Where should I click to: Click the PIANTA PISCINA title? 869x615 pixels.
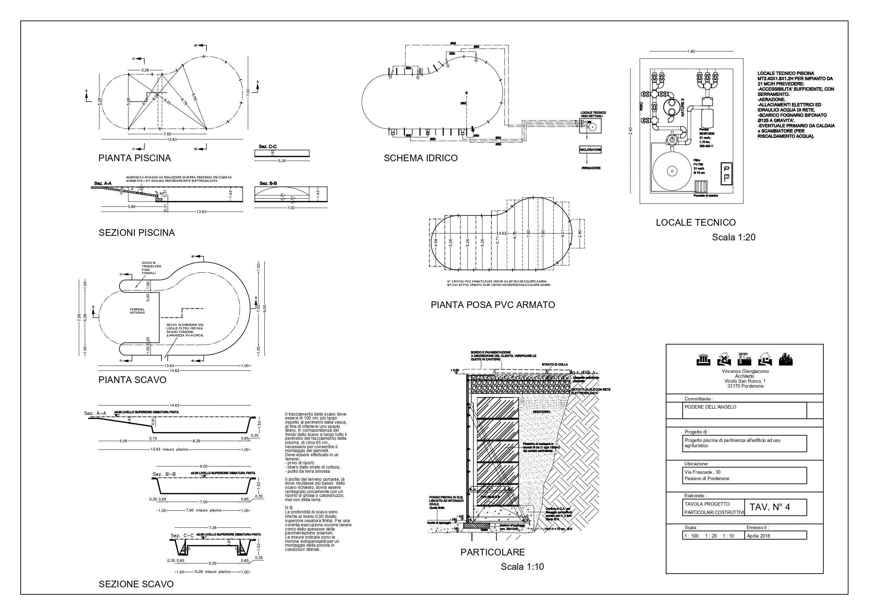tap(135, 158)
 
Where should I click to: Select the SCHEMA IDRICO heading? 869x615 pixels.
tap(421, 158)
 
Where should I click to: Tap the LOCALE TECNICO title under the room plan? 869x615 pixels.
tap(696, 223)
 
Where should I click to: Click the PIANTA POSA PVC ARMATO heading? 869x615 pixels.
tap(492, 305)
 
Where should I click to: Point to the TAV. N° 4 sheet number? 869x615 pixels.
tap(770, 507)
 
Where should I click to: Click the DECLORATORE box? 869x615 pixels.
tap(590, 150)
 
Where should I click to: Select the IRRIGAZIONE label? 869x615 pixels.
tap(591, 168)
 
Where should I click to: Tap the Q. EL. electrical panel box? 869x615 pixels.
tap(726, 173)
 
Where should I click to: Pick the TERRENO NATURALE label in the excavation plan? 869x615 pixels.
tap(137, 311)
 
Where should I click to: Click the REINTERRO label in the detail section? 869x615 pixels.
tap(541, 412)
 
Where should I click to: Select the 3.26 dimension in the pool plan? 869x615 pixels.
tap(145, 70)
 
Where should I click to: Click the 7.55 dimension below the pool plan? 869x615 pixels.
tap(167, 134)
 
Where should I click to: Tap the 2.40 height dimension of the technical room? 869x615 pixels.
tap(630, 130)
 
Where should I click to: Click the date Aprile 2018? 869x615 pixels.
tap(758, 536)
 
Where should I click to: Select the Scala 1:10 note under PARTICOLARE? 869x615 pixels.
tap(522, 567)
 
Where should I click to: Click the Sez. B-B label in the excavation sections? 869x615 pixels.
tap(164, 474)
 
